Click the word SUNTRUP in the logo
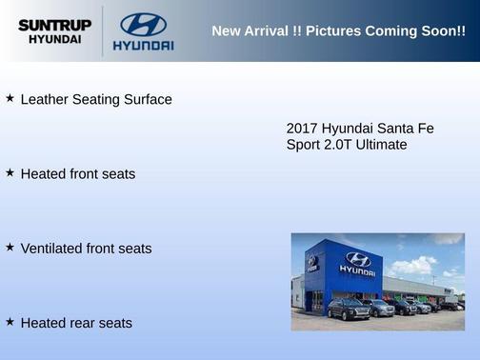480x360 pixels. [54, 25]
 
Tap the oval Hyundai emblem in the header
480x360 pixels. [143, 24]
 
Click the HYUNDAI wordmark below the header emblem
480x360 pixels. [143, 45]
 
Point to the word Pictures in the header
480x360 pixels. [338, 30]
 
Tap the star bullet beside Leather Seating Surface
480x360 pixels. [10, 98]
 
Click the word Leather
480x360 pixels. [46, 99]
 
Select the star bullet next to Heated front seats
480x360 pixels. [10, 173]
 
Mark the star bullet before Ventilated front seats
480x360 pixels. [10, 248]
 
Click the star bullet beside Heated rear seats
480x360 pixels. [10, 322]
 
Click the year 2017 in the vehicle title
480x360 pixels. [302, 128]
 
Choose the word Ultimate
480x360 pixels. [384, 145]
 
